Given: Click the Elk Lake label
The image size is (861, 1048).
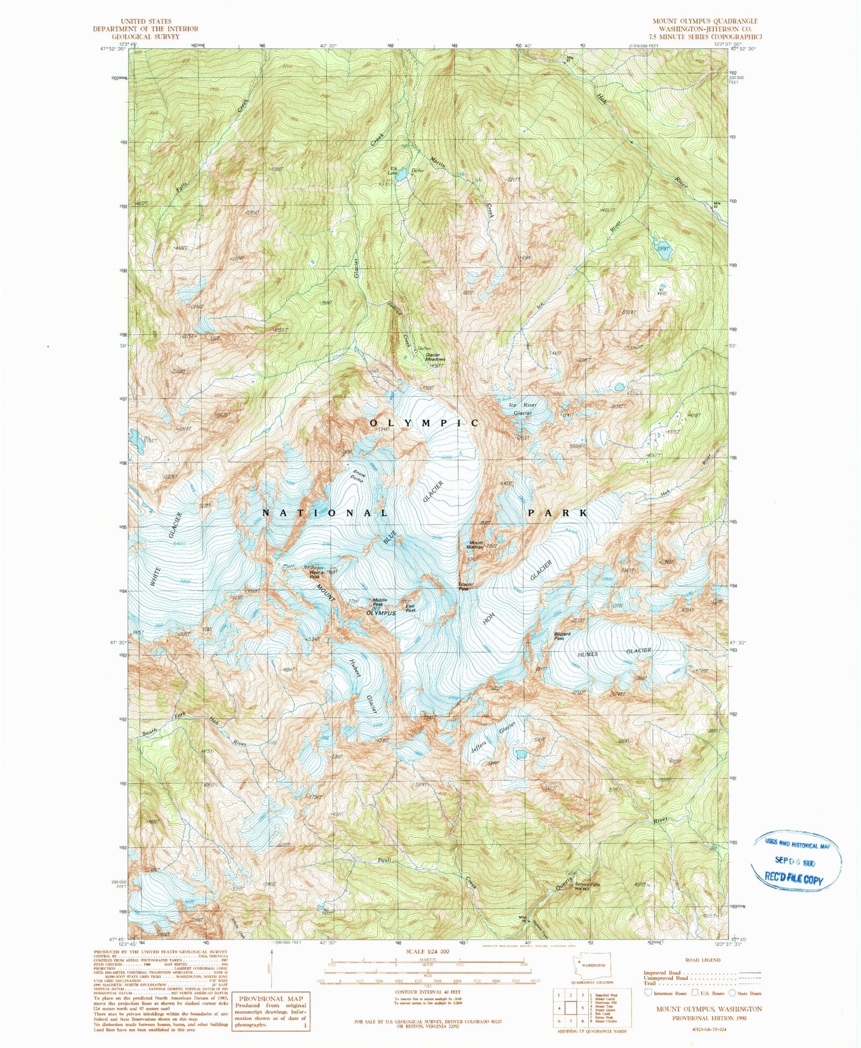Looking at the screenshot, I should click(393, 171).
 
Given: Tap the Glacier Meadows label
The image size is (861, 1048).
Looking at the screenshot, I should click(435, 358).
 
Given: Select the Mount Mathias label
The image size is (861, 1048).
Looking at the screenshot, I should click(475, 545).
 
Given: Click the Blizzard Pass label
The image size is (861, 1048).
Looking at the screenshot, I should click(559, 636).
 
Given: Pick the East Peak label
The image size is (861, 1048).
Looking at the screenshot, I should click(411, 609).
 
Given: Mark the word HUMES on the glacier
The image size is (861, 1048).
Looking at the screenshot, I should click(587, 655).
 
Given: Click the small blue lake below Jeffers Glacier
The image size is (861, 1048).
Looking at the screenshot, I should click(521, 754).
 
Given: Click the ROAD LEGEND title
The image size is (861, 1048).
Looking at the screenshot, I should click(703, 960).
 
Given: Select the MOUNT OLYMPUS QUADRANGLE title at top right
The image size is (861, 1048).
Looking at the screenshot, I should click(705, 21).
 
